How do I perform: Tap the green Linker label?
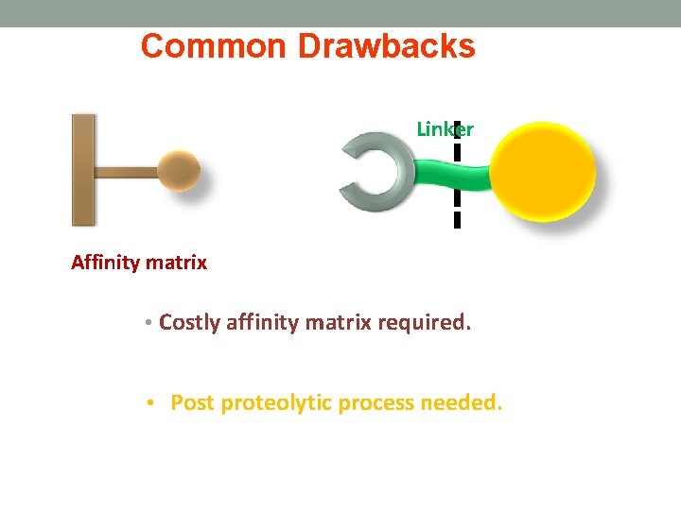tap(445, 129)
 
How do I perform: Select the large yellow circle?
tap(546, 172)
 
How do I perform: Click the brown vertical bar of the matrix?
tap(83, 170)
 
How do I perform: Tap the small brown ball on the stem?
tap(178, 172)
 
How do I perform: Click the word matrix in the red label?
tap(177, 263)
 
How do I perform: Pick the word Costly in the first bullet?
tap(188, 323)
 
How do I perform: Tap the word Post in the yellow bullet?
tap(192, 403)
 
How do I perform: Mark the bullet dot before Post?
tap(151, 404)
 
